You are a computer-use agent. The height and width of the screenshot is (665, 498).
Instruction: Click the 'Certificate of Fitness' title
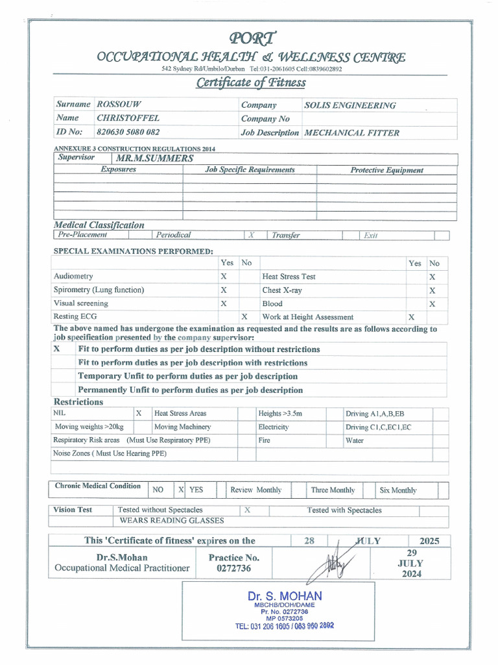tap(251, 82)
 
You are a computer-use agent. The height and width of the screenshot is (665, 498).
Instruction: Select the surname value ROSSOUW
tap(119, 105)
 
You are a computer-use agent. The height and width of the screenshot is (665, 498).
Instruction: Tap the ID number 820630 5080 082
tap(128, 132)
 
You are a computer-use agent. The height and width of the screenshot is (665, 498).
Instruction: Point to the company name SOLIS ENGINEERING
tap(350, 105)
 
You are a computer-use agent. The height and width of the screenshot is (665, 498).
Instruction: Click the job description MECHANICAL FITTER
tap(351, 132)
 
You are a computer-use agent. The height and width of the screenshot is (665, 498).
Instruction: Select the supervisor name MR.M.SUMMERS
tap(154, 158)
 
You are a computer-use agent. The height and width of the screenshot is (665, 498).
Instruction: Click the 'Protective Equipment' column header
tap(386, 170)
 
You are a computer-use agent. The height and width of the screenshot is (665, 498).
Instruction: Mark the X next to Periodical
tap(251, 236)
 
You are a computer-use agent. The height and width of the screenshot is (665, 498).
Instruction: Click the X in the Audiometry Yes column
tap(224, 277)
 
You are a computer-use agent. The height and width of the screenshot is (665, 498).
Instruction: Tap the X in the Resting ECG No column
tap(244, 317)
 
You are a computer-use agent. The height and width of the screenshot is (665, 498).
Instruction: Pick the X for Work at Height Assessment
tap(411, 317)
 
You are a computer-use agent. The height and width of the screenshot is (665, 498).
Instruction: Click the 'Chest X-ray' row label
tap(281, 290)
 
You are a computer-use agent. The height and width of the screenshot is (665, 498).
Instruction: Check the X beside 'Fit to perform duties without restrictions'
tap(57, 349)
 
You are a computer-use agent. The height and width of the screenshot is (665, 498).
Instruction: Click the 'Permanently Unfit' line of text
tap(190, 390)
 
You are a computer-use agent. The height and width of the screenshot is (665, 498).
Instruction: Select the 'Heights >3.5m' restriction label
tap(280, 413)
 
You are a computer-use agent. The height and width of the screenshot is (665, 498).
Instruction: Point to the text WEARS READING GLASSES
tap(172, 520)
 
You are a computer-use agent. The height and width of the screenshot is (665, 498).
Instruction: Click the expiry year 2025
tap(429, 541)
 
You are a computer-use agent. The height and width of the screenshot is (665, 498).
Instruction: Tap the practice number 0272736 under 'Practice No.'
tap(233, 569)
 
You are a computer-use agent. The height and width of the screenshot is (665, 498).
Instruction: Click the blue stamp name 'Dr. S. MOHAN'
tap(284, 596)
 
